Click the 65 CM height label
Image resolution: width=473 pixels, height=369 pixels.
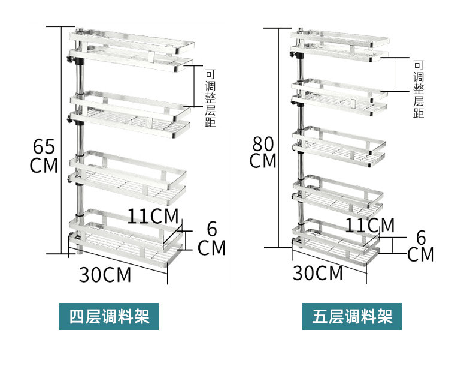(x=44, y=155)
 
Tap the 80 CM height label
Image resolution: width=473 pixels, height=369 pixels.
(x=263, y=152)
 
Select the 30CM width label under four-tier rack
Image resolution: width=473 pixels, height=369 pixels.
(x=105, y=274)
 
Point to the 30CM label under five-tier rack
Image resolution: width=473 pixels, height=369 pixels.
(x=318, y=272)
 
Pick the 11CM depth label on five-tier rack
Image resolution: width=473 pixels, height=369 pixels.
(x=369, y=225)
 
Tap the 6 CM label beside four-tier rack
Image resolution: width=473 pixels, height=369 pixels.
(x=211, y=238)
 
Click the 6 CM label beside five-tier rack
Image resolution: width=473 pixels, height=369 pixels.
(x=420, y=245)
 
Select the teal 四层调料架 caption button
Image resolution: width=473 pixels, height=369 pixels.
(x=109, y=316)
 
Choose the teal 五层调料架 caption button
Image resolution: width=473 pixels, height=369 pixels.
(x=352, y=316)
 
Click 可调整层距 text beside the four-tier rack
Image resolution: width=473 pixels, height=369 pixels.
(x=210, y=96)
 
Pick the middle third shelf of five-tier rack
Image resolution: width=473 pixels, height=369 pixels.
(x=338, y=144)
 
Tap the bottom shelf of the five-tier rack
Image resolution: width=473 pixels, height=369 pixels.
(x=335, y=240)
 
